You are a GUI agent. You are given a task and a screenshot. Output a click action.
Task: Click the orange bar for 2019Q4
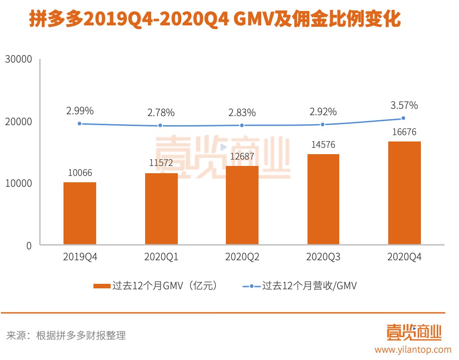(x=80, y=213)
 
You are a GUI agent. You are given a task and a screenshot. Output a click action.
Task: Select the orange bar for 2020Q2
(x=242, y=205)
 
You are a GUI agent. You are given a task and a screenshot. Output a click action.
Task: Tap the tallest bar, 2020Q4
(x=405, y=193)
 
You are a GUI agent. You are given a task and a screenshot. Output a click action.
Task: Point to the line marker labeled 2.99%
(x=80, y=123)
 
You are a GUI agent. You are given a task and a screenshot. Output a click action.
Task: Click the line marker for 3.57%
(x=403, y=118)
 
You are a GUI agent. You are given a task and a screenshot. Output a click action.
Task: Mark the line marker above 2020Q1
(x=161, y=126)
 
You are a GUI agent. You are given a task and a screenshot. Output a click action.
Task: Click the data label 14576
(x=323, y=145)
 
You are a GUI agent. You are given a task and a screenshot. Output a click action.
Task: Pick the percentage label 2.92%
(x=323, y=111)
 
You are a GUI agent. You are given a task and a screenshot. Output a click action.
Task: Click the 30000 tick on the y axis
(x=18, y=59)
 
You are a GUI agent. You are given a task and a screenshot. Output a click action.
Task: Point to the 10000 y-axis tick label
(x=18, y=184)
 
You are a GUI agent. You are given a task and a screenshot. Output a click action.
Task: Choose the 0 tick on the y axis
(x=29, y=245)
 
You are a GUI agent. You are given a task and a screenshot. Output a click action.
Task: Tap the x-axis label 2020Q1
(x=161, y=257)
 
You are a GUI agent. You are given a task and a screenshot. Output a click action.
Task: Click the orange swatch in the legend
(x=102, y=286)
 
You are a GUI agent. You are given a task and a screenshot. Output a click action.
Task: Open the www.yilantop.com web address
(x=413, y=350)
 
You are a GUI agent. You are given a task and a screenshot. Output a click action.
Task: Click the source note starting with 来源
(x=66, y=336)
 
